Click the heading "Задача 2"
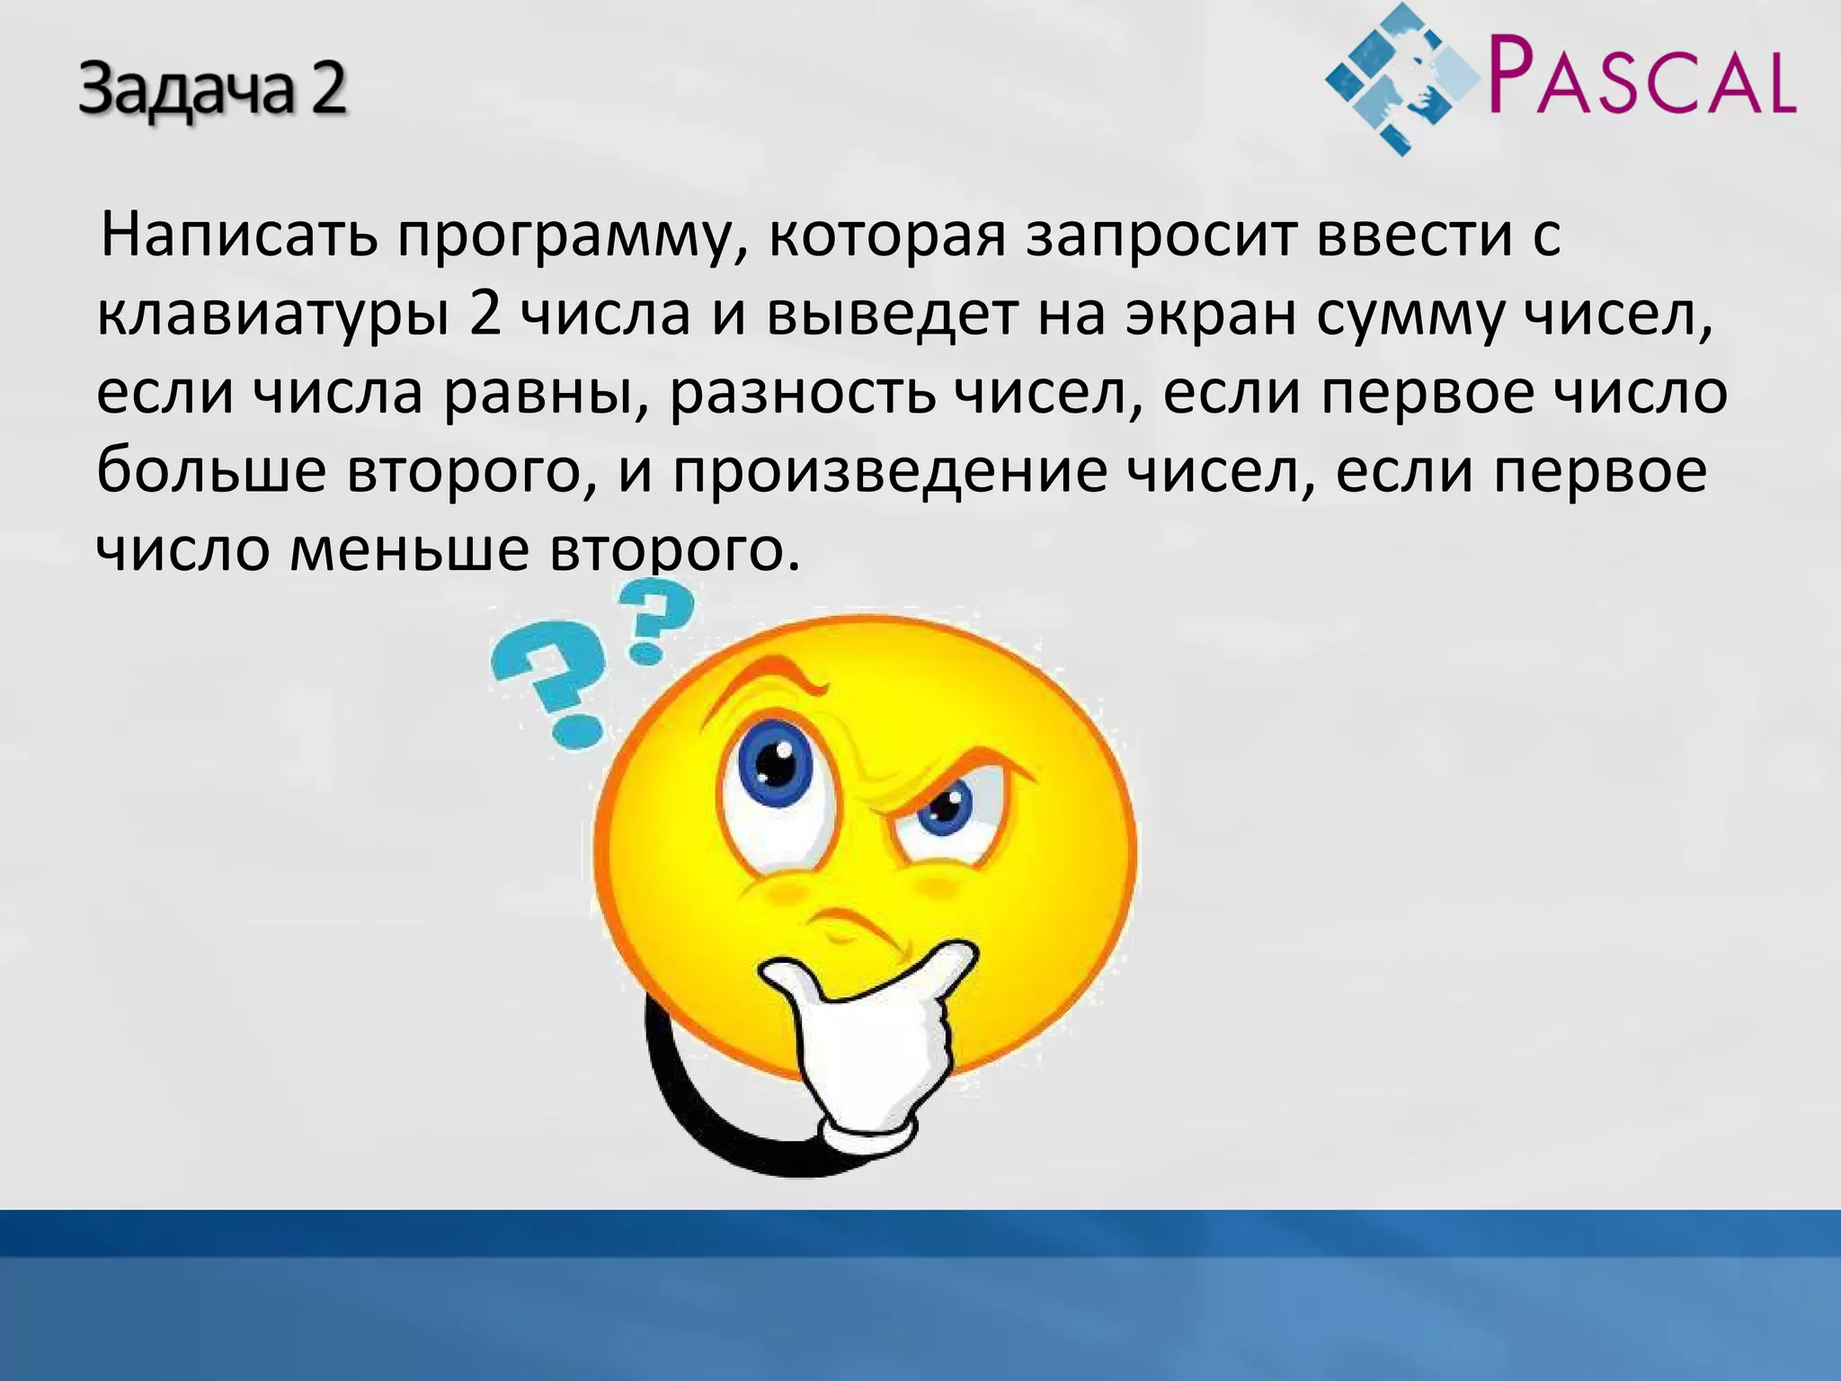212,92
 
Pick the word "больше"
210,471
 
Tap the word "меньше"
409,550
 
